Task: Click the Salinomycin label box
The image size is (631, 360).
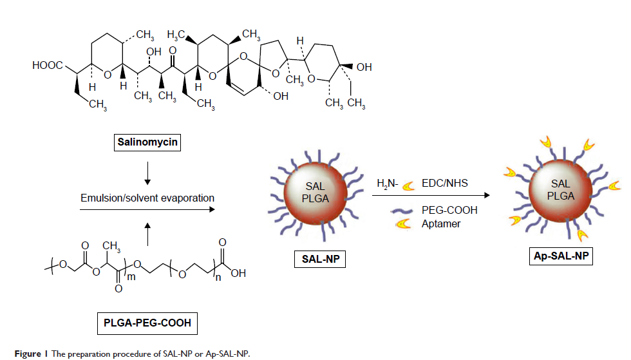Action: tap(147, 140)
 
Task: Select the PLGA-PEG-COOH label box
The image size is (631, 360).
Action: tap(147, 322)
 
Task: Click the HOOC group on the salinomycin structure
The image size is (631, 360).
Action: tap(46, 66)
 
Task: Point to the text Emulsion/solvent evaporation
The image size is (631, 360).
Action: tap(147, 198)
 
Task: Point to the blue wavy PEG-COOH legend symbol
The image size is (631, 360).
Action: tap(406, 210)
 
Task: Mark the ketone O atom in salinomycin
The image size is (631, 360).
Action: tap(172, 50)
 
